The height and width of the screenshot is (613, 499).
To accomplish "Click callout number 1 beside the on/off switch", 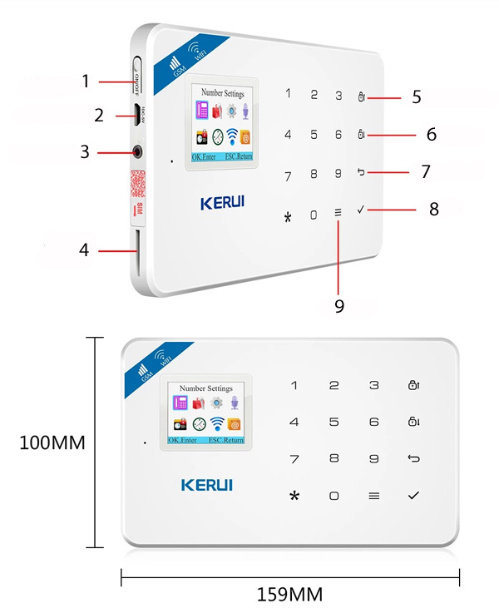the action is coord(86,82).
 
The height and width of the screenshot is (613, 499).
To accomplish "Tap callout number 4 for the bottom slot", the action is coord(86,250).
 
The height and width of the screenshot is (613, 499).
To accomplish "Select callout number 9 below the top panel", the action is coord(339,305).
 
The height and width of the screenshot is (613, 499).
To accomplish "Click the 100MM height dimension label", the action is coord(52,442).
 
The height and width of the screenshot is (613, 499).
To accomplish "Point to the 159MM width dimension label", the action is coord(290,595).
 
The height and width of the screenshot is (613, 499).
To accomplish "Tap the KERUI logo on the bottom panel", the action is coord(207,484).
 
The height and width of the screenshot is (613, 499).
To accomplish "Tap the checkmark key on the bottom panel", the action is coord(413,496).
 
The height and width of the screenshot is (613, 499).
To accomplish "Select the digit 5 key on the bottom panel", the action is coord(333,423).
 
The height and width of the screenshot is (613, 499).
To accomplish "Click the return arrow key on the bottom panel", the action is coord(413,458).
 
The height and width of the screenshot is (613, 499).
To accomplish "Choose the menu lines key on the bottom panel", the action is coord(373,496).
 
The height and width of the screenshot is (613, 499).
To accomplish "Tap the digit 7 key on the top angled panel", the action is coord(288,176).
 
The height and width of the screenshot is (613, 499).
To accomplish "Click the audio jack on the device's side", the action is coord(137,152).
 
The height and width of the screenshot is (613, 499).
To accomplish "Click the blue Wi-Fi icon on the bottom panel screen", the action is coord(217,423).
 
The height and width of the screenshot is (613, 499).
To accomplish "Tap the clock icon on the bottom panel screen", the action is coord(199,423).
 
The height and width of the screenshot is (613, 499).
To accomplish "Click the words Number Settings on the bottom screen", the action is coord(206,388).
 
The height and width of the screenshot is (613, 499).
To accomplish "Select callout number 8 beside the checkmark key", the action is coord(433,209).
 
